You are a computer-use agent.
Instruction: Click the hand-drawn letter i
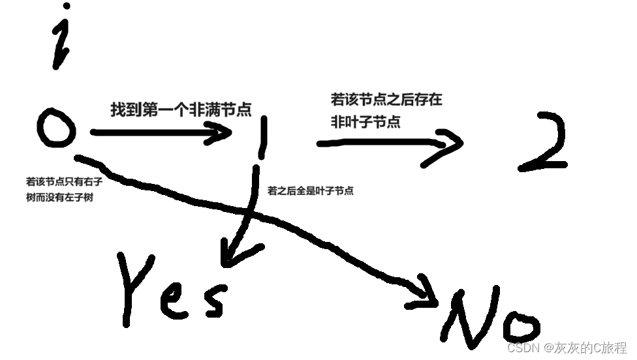click(x=61, y=42)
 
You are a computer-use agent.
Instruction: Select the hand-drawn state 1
click(x=262, y=138)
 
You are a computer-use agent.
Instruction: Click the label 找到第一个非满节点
click(x=181, y=110)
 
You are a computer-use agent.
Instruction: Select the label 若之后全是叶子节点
click(x=311, y=191)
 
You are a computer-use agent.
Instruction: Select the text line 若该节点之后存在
click(x=386, y=100)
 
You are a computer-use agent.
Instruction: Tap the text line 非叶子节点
click(x=365, y=121)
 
